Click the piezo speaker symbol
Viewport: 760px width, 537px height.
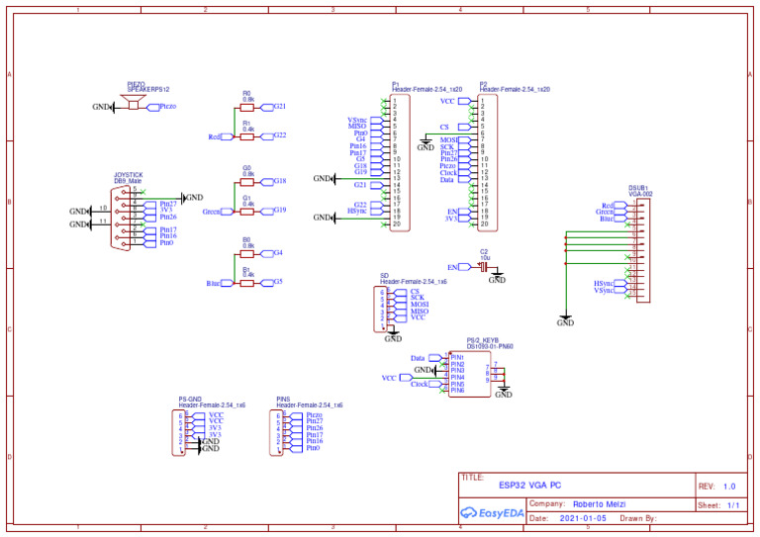(x=130, y=104)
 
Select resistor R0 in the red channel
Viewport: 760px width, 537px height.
(x=247, y=106)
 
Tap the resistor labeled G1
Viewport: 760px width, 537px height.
(x=247, y=210)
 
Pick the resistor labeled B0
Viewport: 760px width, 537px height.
(x=247, y=253)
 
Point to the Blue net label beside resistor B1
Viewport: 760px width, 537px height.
(x=215, y=283)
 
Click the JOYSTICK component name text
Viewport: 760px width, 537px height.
(x=129, y=175)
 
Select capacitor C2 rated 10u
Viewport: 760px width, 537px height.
(x=484, y=266)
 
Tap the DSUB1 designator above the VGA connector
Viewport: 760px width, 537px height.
(x=638, y=187)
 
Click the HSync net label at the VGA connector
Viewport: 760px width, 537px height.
(x=605, y=283)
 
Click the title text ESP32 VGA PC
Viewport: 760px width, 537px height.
(x=529, y=486)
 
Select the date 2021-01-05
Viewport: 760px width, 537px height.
(x=584, y=518)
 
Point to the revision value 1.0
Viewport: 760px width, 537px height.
(x=729, y=487)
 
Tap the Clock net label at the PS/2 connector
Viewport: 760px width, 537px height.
(x=420, y=384)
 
